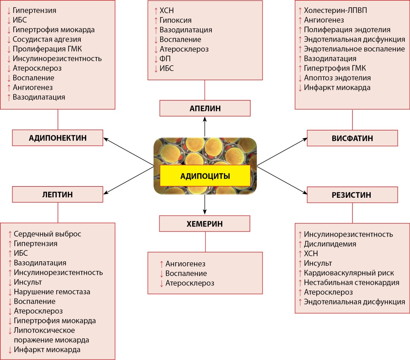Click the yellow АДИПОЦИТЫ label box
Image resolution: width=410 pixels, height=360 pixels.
point(205,176)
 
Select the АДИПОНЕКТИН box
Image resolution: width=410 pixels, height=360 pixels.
point(57,138)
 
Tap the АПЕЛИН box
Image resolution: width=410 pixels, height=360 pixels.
point(205,109)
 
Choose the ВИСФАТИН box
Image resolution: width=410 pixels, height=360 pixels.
point(352,138)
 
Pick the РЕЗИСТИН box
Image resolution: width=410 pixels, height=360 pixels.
point(352,195)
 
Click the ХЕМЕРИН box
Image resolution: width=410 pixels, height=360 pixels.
point(205,224)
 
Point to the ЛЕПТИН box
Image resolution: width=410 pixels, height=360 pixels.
point(57,195)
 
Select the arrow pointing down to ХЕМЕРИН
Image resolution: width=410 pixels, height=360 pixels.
point(205,205)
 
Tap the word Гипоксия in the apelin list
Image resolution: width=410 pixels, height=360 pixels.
point(175,20)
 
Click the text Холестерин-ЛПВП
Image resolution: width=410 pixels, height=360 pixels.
point(335,11)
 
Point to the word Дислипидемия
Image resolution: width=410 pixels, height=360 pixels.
point(330,244)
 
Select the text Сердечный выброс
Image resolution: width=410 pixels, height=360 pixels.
point(47,234)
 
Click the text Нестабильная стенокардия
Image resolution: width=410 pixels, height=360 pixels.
point(351,282)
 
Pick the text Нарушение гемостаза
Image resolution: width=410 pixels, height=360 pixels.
point(52,292)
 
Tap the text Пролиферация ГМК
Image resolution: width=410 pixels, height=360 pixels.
point(47,49)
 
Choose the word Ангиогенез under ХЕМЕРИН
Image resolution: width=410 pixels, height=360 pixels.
point(185,264)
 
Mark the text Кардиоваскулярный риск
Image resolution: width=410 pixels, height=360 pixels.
point(348,273)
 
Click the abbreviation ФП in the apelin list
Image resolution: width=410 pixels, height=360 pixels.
point(165,59)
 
